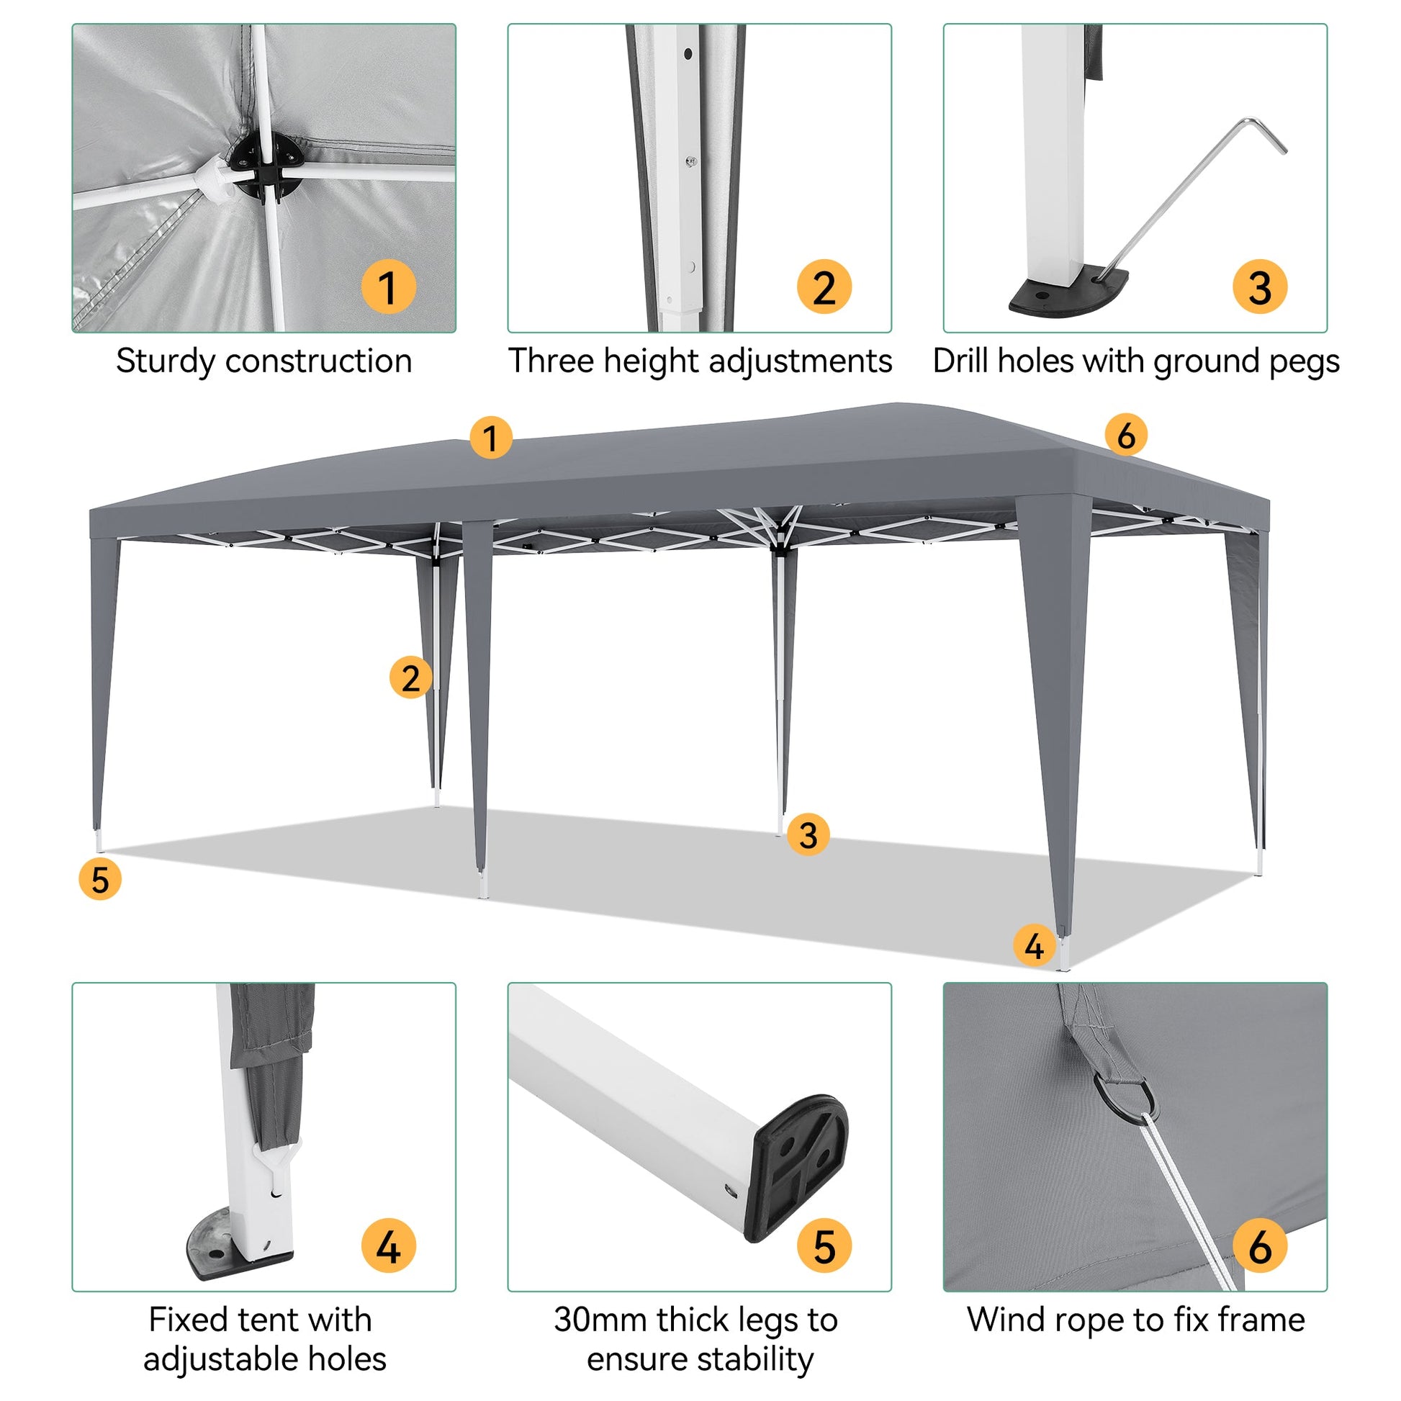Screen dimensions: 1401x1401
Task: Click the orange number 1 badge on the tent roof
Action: tap(490, 437)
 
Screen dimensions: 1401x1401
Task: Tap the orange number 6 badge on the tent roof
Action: tap(1125, 435)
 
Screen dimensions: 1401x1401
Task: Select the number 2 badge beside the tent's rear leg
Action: tap(410, 677)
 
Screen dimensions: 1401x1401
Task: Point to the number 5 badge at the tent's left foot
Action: tap(100, 879)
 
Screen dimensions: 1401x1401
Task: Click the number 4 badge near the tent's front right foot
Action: tap(1034, 945)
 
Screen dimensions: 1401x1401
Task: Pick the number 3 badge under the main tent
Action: tap(808, 834)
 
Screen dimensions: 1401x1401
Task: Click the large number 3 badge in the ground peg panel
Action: tap(1261, 287)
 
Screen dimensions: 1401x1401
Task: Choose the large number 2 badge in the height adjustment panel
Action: tap(824, 287)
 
